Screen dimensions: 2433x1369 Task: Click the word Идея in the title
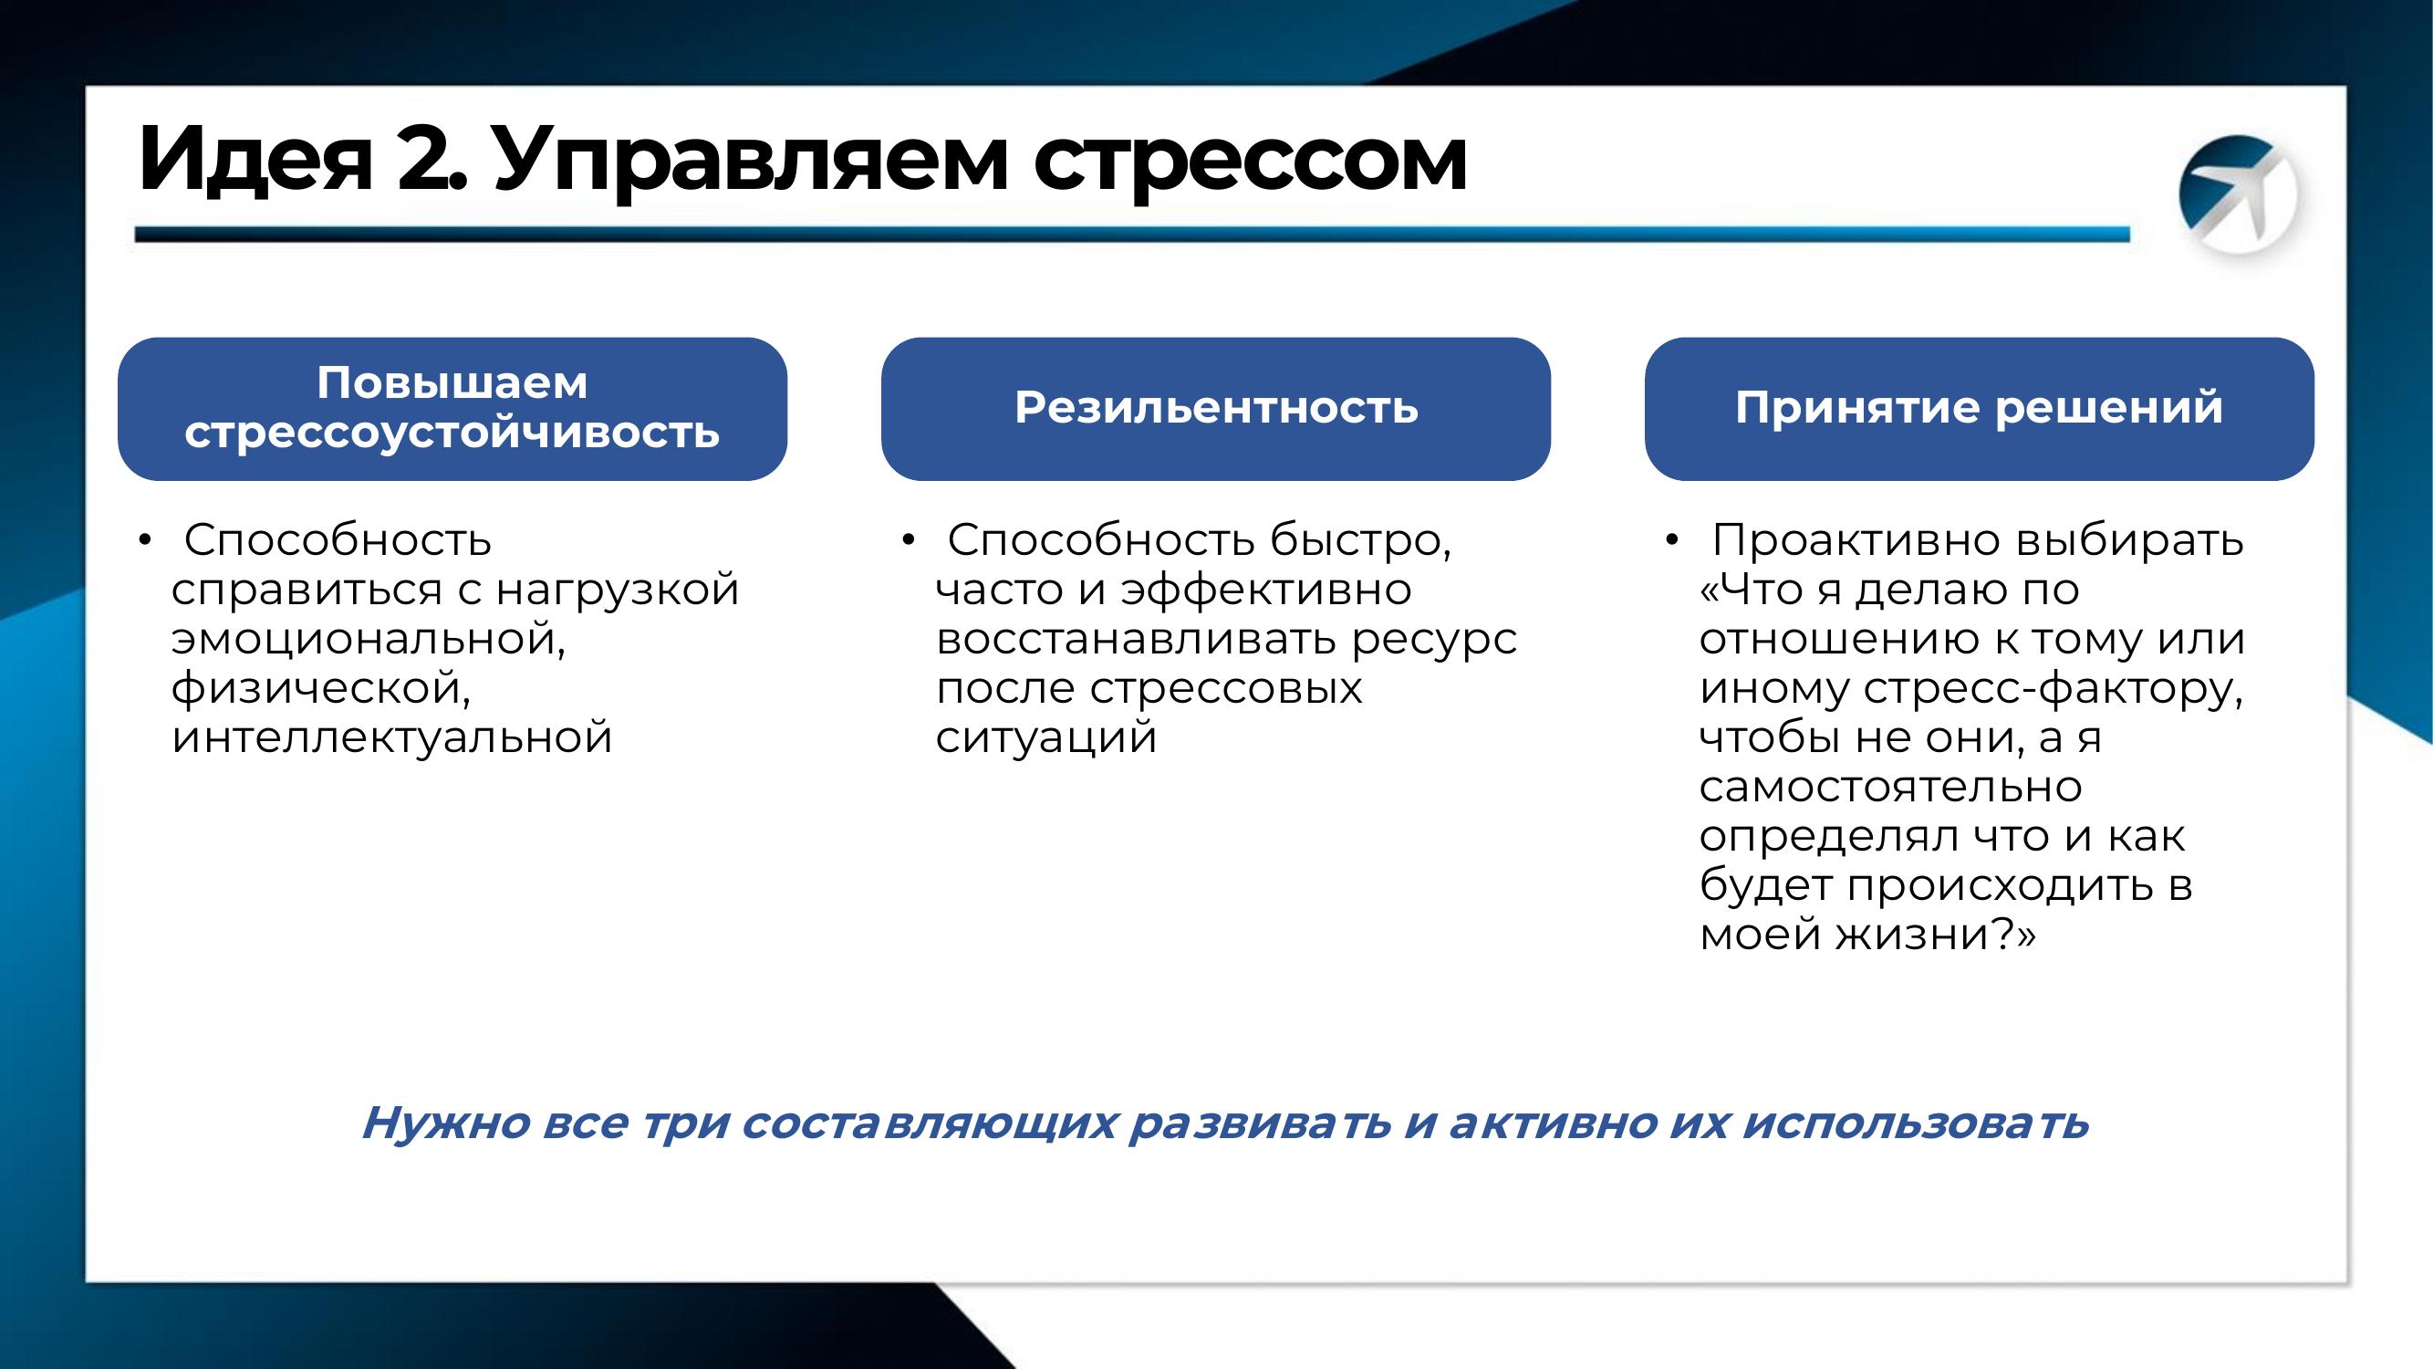click(255, 158)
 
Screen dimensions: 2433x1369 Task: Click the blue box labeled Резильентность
click(1215, 408)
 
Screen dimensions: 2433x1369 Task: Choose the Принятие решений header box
click(1979, 408)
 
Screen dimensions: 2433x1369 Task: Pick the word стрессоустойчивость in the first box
click(452, 433)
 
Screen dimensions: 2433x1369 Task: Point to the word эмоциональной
click(369, 639)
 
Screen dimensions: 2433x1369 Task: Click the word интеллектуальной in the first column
click(392, 737)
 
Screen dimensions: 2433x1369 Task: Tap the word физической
click(321, 688)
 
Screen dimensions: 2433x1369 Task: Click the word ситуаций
click(1046, 737)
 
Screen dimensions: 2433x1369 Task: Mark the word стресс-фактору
click(2053, 689)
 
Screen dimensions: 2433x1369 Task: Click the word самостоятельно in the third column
click(1890, 787)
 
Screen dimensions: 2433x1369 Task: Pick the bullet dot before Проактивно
click(1672, 541)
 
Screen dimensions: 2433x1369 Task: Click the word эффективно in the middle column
click(1265, 590)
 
